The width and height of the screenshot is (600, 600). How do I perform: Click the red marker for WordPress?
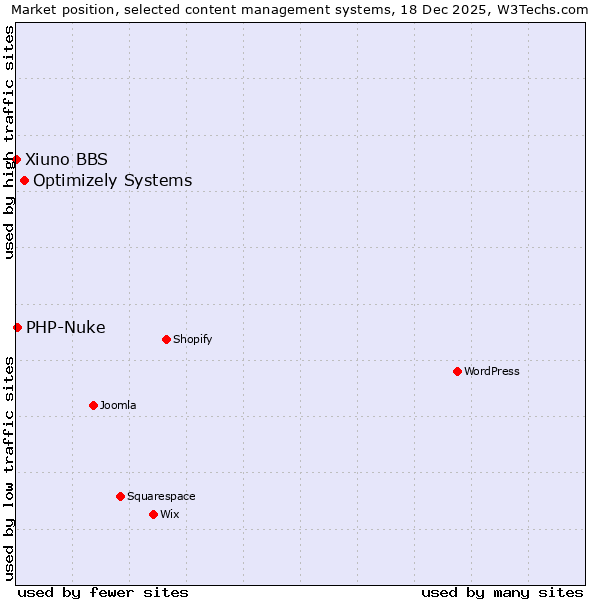[457, 371]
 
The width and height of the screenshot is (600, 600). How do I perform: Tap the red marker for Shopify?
[166, 339]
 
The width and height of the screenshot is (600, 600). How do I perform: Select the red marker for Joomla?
[93, 405]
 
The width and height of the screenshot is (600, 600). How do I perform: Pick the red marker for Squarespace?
[120, 496]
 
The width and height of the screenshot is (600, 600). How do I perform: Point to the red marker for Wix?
[153, 514]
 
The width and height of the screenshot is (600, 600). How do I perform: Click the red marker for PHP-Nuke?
[17, 327]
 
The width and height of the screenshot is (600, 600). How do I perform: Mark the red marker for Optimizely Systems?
[24, 180]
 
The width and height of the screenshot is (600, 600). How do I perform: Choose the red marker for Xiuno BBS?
[16, 159]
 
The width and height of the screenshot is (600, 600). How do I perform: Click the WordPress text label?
[492, 371]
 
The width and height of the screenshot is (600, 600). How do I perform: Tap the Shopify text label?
[193, 339]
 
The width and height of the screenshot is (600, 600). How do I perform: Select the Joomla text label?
[118, 405]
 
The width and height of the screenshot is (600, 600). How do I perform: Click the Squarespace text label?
[161, 496]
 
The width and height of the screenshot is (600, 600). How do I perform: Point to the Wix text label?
[170, 514]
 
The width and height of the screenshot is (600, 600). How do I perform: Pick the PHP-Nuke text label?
[66, 327]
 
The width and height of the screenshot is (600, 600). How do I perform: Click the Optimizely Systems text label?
[113, 180]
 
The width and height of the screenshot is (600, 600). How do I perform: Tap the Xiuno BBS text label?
[67, 159]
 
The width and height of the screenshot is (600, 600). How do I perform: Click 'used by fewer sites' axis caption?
[103, 592]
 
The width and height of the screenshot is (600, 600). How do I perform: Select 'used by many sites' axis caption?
[502, 592]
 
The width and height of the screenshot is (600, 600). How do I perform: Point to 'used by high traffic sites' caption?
[10, 142]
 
